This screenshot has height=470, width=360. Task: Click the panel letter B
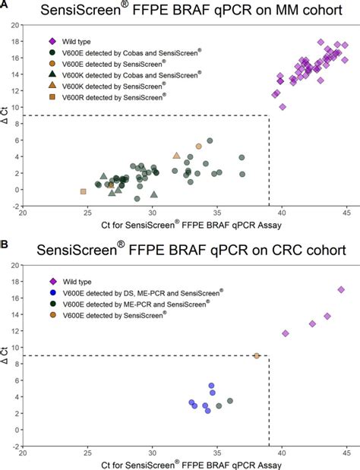(x=5, y=246)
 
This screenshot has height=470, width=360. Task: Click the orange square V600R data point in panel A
(x=83, y=191)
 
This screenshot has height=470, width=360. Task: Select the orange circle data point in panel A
(x=199, y=146)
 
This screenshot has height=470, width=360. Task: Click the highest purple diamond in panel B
(x=341, y=289)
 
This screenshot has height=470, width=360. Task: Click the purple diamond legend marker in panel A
(x=52, y=42)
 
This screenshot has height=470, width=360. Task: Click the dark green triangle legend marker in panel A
(x=52, y=74)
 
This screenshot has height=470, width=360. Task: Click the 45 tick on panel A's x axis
(x=346, y=213)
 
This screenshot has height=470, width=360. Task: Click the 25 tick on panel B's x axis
(x=88, y=454)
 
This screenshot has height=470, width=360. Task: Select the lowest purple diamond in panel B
(x=286, y=333)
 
